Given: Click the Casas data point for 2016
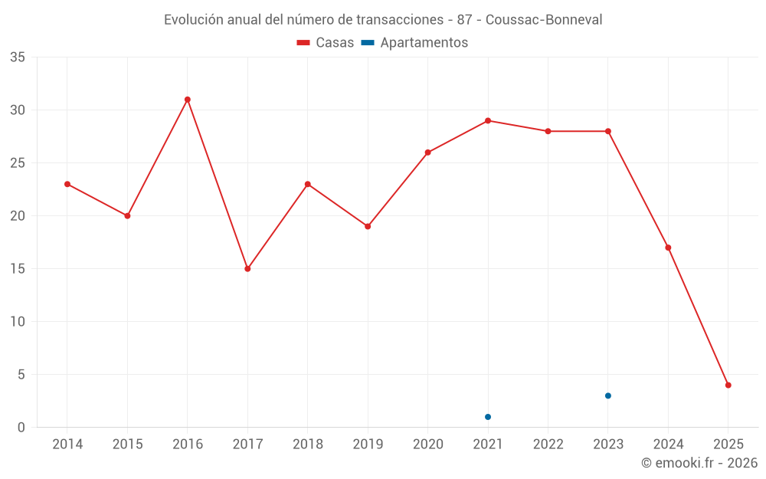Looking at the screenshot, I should (188, 100).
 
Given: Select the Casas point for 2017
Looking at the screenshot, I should (247, 269).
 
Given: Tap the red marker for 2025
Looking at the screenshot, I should (728, 385).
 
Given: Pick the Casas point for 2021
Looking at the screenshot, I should (488, 120).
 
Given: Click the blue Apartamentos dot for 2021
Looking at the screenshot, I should (488, 417).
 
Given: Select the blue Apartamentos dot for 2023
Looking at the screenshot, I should (608, 395).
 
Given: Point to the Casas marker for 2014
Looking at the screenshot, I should (67, 184).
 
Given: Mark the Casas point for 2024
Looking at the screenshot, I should (669, 248).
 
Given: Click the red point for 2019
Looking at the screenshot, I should (368, 226).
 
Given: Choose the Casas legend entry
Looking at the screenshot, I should (326, 43).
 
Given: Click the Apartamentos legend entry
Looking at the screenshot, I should (414, 43).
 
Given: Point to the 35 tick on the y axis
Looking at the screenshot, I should (18, 57).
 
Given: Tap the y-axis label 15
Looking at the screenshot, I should (18, 269).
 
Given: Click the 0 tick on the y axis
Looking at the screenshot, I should (21, 428).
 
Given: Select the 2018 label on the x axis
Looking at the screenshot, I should (307, 445).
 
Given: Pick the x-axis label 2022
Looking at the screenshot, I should (548, 445).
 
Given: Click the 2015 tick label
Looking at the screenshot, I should (127, 445).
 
